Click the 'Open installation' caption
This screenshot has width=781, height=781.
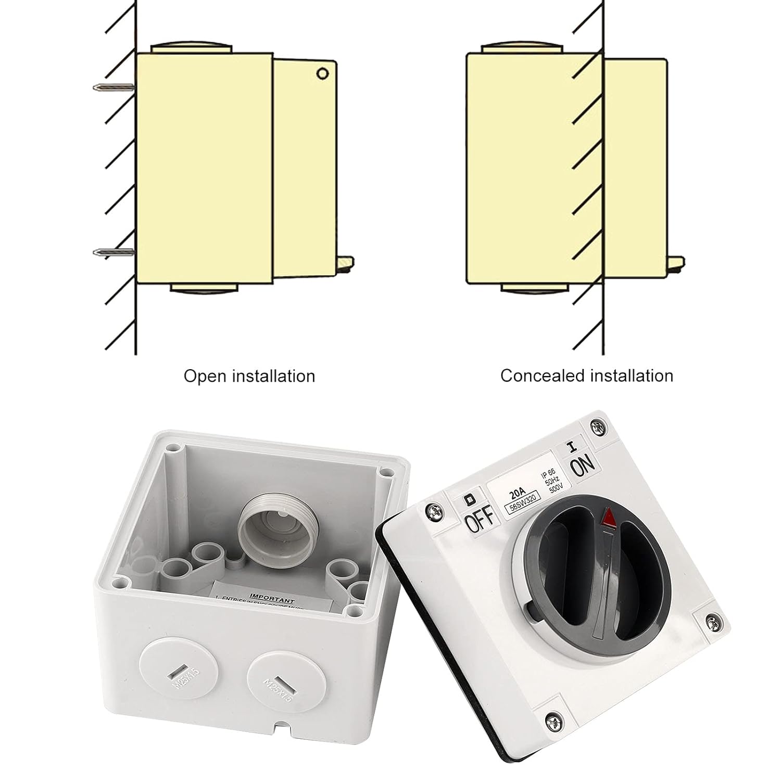pyautogui.click(x=249, y=376)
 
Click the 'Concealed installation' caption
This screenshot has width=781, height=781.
pyautogui.click(x=586, y=375)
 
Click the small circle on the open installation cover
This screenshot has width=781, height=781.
pyautogui.click(x=322, y=74)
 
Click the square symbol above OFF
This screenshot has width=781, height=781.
pyautogui.click(x=469, y=498)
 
